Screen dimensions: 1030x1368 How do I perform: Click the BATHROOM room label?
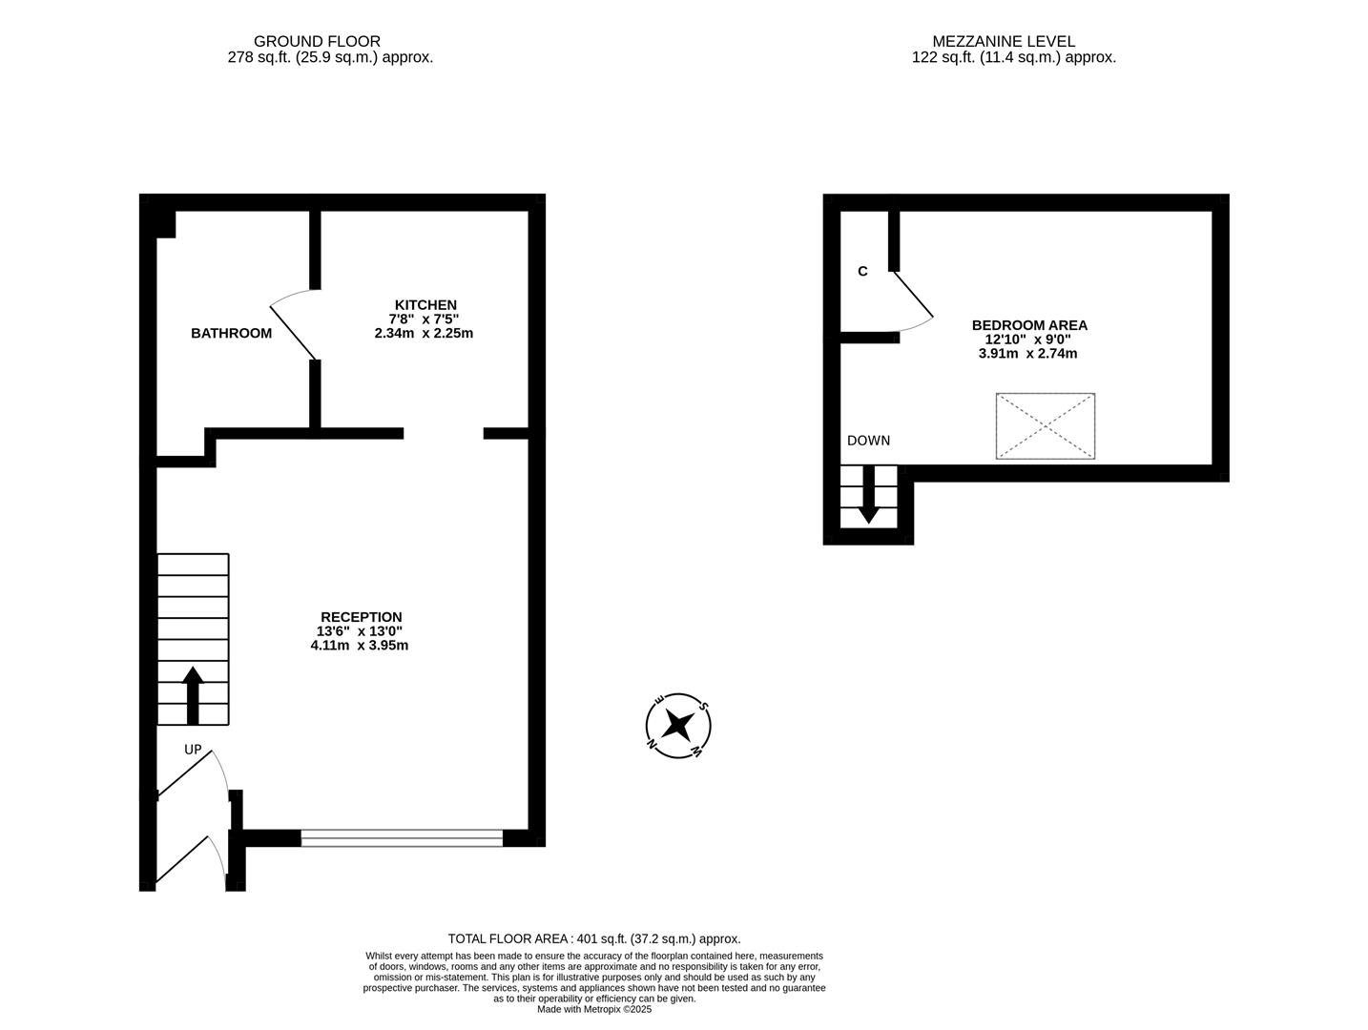[231, 333]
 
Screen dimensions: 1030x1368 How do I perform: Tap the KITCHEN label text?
[425, 305]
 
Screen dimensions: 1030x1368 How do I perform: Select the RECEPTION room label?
[361, 617]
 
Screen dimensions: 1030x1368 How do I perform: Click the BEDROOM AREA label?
[1028, 325]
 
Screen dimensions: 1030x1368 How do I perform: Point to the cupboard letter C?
[862, 272]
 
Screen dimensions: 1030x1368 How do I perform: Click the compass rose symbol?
[678, 726]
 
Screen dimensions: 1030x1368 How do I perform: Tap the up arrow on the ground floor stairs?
[193, 694]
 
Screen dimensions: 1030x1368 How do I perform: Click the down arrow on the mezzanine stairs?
[868, 495]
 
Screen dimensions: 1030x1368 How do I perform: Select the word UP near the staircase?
[193, 750]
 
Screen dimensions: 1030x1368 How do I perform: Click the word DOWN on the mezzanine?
[868, 441]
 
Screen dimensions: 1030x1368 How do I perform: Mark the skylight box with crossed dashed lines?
[1045, 425]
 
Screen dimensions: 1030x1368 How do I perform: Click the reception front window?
[402, 838]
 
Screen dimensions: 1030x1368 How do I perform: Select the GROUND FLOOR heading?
[317, 41]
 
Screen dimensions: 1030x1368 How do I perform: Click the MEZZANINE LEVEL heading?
[1003, 41]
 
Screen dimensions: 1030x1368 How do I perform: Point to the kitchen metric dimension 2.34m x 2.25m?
[424, 334]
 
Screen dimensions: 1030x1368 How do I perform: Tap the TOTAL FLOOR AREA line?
[593, 938]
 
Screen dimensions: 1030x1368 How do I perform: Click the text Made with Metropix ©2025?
[593, 1009]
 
